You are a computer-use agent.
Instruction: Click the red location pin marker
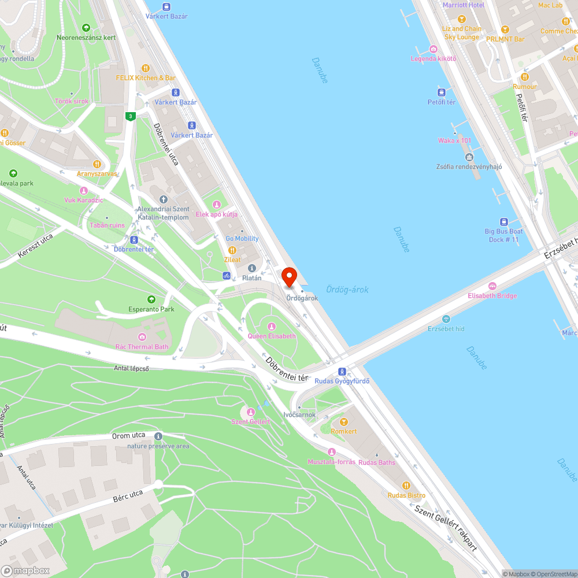[x=289, y=276]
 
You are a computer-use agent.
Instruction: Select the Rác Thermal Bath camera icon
[x=142, y=337]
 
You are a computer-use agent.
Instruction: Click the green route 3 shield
[x=131, y=116]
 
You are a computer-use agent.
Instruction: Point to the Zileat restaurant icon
[x=232, y=250]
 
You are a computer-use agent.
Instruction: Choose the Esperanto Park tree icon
[x=151, y=299]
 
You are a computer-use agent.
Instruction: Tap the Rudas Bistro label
[x=406, y=495]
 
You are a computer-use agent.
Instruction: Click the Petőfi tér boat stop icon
[x=442, y=92]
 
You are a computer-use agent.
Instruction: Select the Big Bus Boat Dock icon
[x=503, y=221]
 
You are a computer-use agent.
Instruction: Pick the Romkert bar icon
[x=344, y=422]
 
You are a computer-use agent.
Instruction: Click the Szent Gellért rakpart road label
[x=446, y=527]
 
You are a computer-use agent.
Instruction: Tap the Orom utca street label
[x=129, y=436]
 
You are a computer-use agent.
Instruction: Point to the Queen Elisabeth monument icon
[x=272, y=327]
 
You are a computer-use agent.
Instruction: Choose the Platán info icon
[x=252, y=268]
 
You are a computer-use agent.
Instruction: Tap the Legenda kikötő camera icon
[x=433, y=49]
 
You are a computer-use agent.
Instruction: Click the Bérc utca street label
[x=128, y=494]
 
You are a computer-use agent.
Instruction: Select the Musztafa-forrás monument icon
[x=331, y=452]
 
